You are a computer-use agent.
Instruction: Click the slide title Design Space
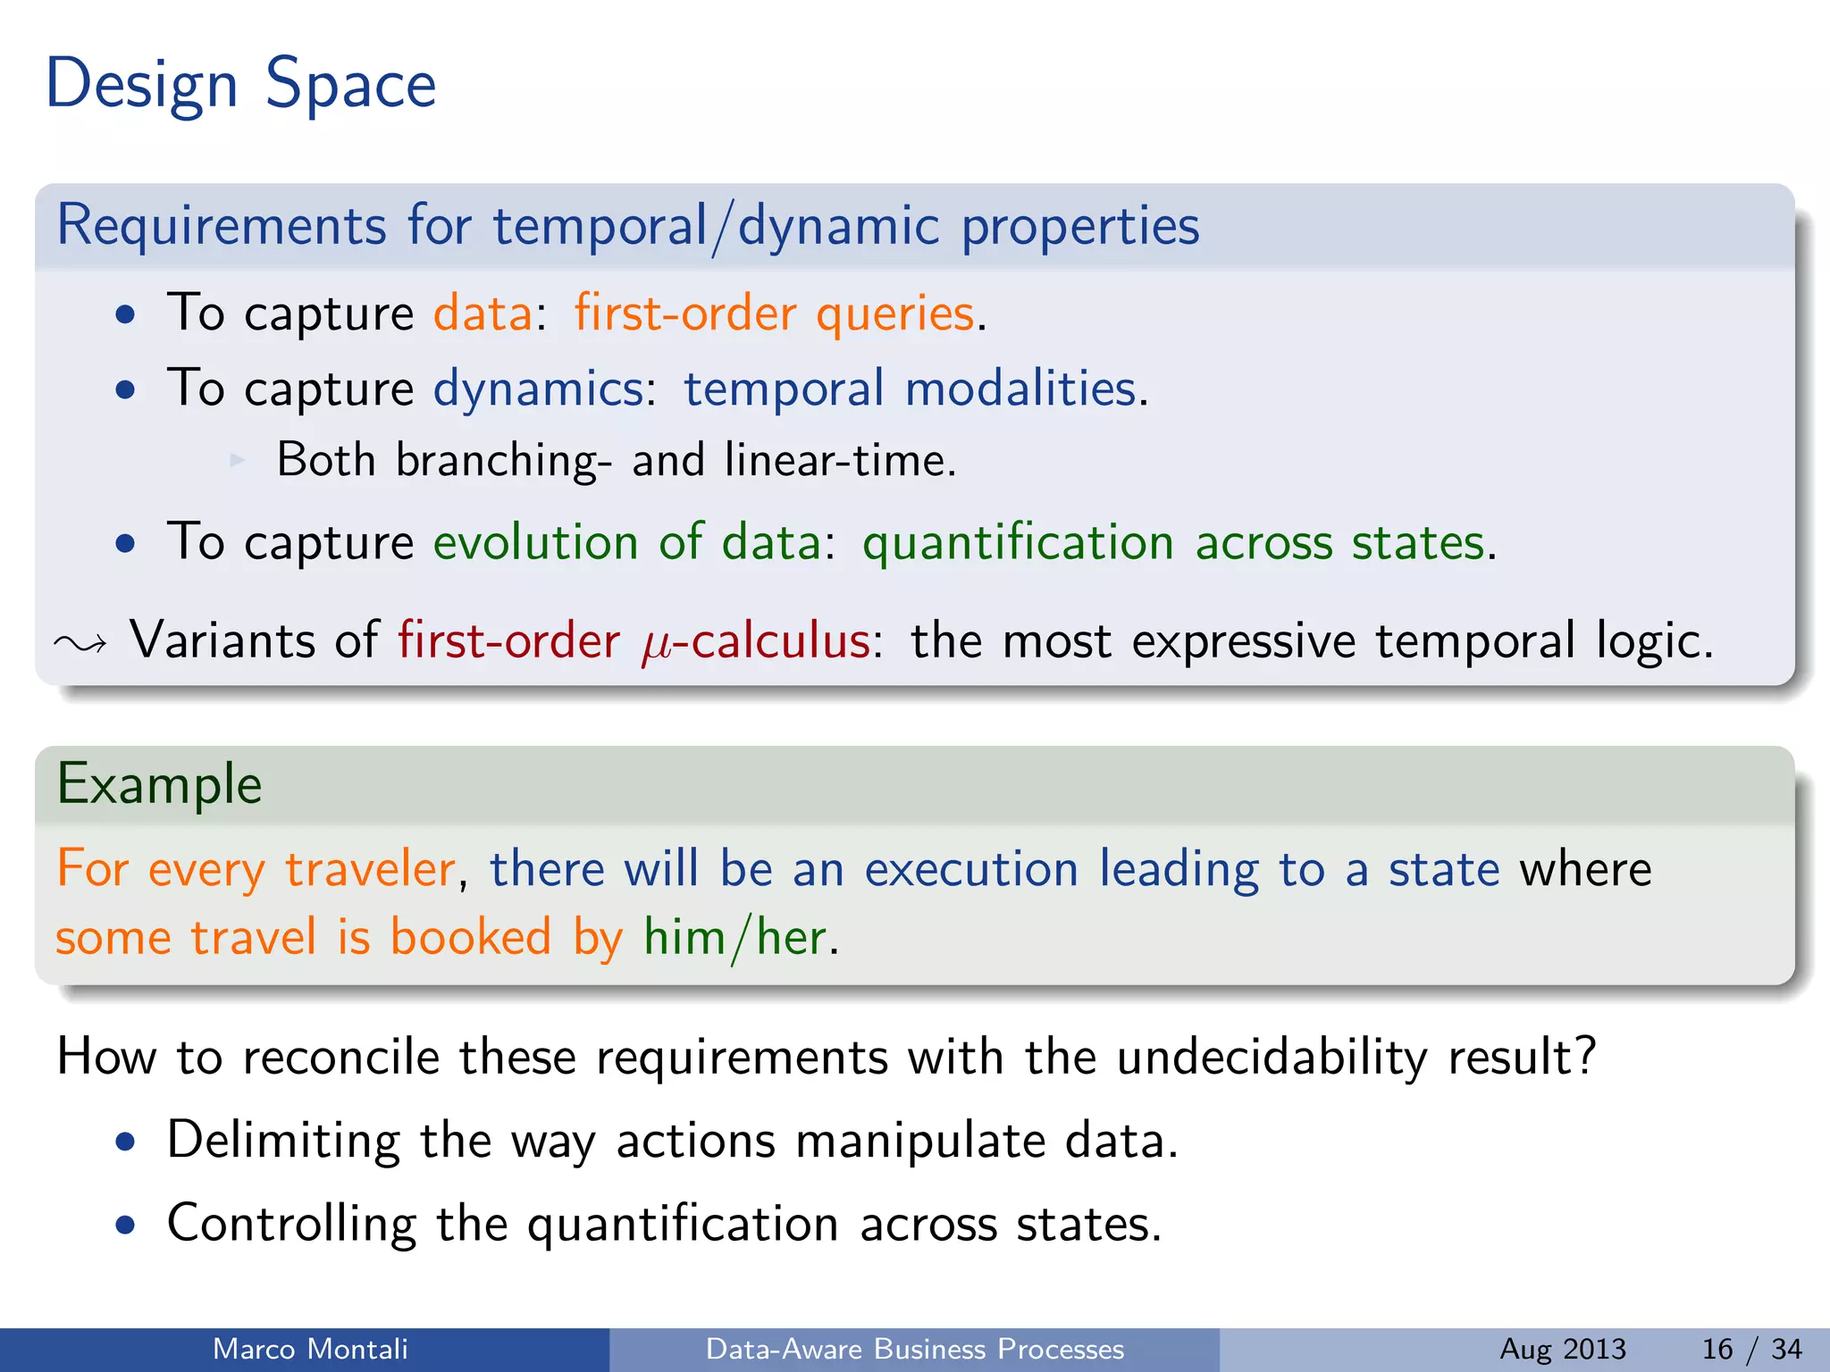(x=240, y=85)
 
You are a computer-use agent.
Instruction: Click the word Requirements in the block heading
(x=222, y=225)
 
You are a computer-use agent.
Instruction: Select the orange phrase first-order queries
(x=774, y=314)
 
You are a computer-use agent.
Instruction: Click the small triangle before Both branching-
(x=237, y=460)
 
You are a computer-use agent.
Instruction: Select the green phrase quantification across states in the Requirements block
(x=1173, y=542)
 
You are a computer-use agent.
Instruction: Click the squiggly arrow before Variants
(x=80, y=643)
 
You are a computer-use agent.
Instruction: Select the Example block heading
(x=160, y=784)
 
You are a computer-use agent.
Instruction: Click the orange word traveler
(x=370, y=869)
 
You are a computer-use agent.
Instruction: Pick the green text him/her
(x=735, y=938)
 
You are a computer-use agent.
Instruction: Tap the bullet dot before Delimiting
(x=126, y=1142)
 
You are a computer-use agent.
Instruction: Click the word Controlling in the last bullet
(x=291, y=1224)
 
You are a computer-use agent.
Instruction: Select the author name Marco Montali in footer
(x=310, y=1349)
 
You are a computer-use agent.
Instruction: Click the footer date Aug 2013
(x=1562, y=1349)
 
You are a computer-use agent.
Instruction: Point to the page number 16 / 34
(x=1751, y=1349)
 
